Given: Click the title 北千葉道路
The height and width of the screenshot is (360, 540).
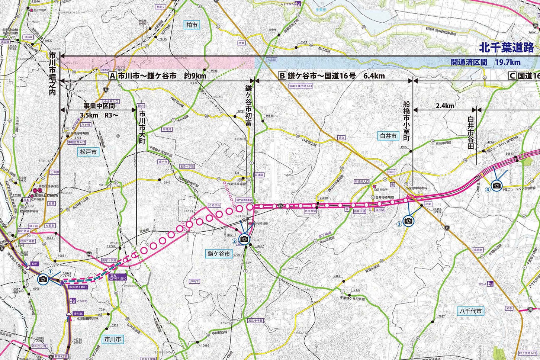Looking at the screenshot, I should [506, 47].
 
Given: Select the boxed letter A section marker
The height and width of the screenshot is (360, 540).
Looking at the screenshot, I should [112, 76].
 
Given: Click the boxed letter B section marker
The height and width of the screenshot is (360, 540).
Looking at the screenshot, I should [282, 76].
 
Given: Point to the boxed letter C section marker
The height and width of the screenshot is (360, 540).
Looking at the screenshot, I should [513, 76].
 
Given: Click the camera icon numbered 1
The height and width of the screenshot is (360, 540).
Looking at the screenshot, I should [43, 279].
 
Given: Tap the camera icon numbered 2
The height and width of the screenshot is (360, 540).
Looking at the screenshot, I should [244, 239].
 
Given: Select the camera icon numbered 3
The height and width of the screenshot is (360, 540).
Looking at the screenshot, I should [408, 221].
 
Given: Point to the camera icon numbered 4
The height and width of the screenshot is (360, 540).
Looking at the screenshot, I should [496, 185].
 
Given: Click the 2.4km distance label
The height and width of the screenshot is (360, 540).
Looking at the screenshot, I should [444, 106].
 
